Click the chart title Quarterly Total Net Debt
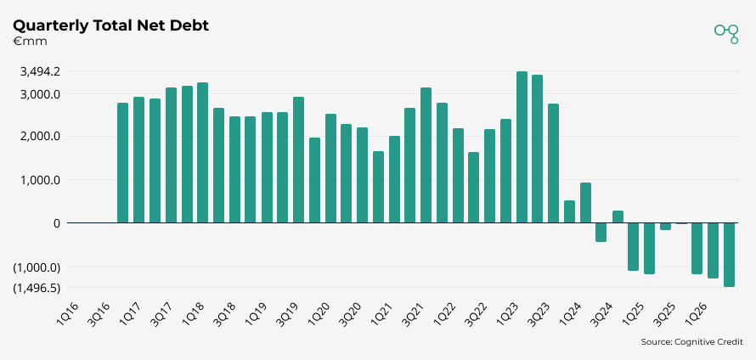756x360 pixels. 111,25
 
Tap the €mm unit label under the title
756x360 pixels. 30,42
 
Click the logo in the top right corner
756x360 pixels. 726,32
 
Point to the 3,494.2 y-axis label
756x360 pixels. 40,72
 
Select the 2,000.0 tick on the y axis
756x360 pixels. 40,137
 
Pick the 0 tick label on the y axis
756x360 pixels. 56,223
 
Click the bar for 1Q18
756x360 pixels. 202,153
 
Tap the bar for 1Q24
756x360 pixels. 585,203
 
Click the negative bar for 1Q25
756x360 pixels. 649,248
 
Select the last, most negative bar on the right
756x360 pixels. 729,255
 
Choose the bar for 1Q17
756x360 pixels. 138,160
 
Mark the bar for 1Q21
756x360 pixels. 394,179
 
